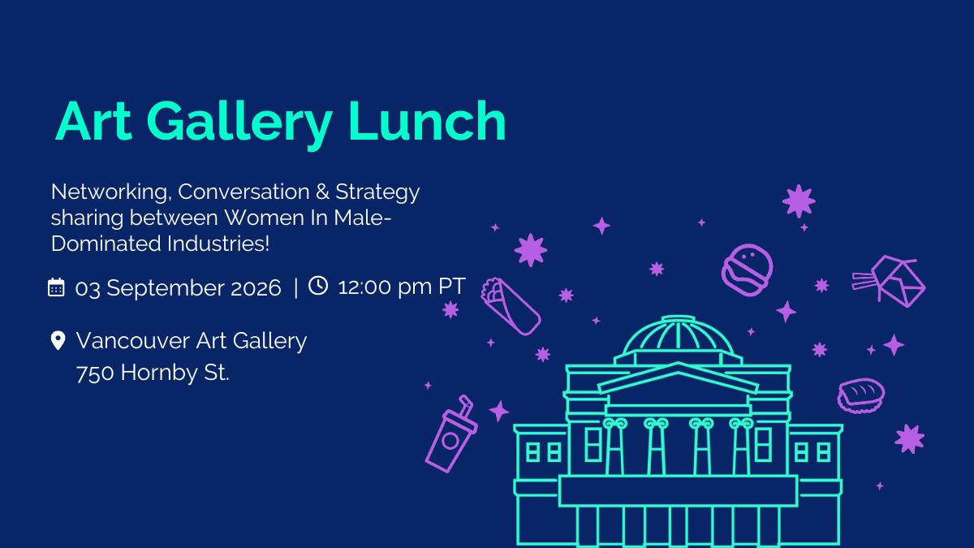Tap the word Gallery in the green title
239,124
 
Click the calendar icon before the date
56,287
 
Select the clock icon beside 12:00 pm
318,286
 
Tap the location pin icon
58,340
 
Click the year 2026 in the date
256,288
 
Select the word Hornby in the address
159,373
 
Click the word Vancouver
133,340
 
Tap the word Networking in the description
109,192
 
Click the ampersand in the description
322,192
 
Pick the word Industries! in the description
218,244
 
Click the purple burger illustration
747,270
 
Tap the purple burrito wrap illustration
511,306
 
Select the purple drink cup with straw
451,434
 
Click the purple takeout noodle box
890,281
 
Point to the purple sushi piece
861,395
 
